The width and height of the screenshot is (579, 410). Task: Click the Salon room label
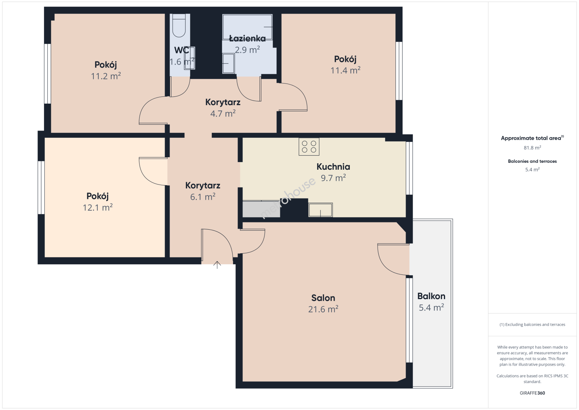323,298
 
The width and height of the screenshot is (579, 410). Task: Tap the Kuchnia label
333,167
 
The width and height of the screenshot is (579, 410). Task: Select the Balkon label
431,296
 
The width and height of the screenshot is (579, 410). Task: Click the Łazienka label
247,39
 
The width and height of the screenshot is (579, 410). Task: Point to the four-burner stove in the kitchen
309,147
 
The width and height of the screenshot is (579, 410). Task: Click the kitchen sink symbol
321,210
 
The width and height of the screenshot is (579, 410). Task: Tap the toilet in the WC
179,25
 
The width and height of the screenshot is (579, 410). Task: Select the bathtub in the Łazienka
247,27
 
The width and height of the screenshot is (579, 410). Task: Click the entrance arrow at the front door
217,265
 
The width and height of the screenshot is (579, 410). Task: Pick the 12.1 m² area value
98,207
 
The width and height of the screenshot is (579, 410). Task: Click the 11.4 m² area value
345,70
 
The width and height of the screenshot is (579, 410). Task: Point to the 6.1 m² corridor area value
203,197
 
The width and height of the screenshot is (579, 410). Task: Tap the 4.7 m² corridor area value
223,114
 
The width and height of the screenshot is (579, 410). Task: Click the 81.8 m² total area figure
532,148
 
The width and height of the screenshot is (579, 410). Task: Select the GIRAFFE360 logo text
532,393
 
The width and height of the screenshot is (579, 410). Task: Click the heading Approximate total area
532,138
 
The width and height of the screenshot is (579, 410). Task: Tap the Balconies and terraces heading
532,161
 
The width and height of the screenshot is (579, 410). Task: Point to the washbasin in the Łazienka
228,63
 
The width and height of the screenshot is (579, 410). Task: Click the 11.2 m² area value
106,76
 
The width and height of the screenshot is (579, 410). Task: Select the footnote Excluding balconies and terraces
532,324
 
